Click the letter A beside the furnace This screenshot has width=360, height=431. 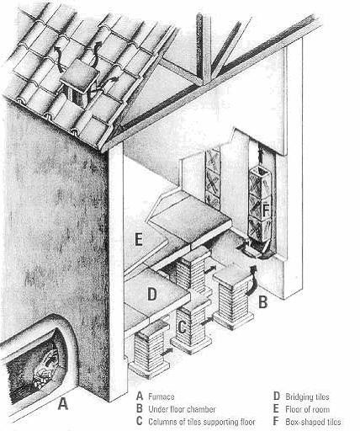pos(63,403)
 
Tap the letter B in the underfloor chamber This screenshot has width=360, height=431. pos(262,301)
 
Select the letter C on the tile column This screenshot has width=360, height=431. pos(182,327)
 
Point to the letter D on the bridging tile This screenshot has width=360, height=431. pos(152,295)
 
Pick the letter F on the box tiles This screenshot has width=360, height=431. pos(266,210)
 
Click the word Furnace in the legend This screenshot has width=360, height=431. pos(161,396)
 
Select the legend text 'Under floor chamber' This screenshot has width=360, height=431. pos(182,409)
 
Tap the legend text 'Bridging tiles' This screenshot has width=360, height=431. pos(307,396)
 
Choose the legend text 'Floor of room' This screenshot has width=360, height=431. pos(308,409)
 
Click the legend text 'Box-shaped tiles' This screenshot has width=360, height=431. pos(313,422)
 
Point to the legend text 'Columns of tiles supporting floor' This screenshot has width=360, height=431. pos(202,422)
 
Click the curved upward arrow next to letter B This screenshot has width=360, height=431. pos(251,279)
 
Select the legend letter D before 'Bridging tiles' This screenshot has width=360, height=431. pos(277,396)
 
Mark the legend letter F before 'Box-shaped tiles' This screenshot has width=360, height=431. pos(276,422)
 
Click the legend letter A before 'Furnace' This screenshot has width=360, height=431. pos(140,396)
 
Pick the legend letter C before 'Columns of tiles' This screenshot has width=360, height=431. pos(140,422)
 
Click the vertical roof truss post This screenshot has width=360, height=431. pos(204,48)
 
